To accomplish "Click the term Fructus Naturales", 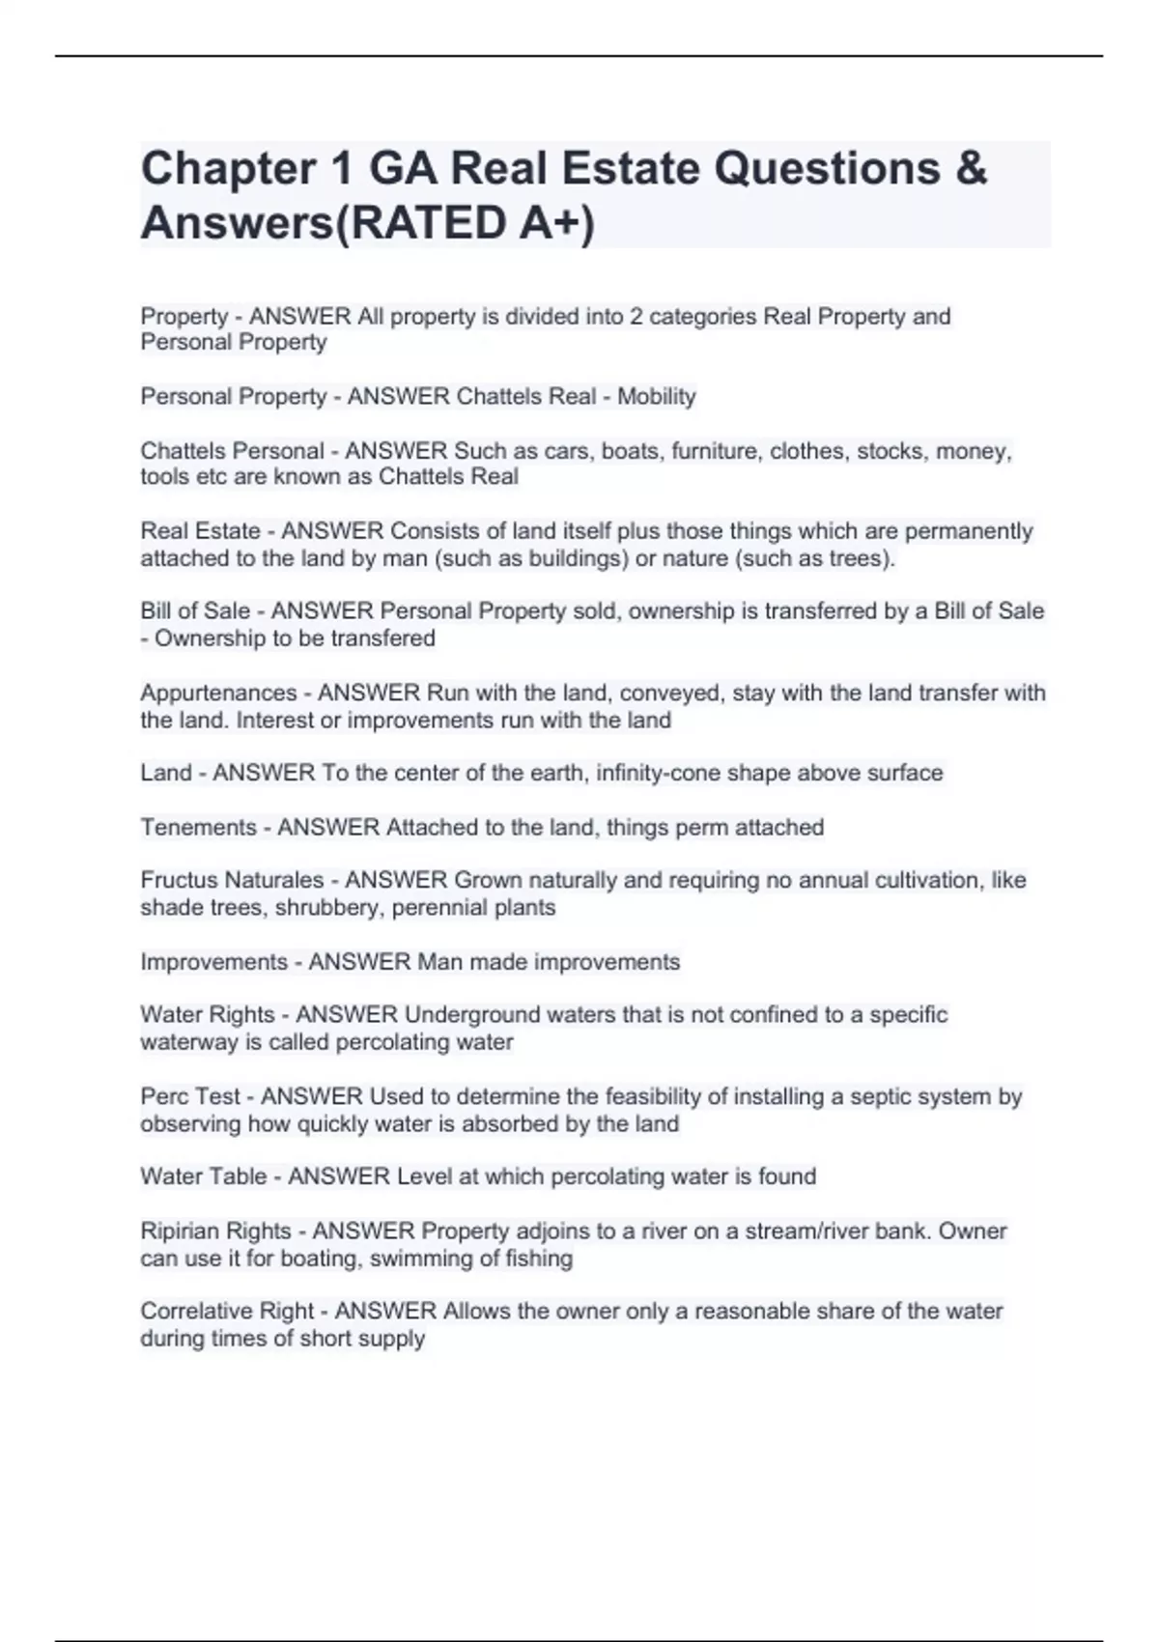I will click(x=232, y=880).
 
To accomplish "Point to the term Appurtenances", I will click(x=218, y=693).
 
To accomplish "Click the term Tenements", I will click(x=199, y=827).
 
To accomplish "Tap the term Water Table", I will click(x=203, y=1176).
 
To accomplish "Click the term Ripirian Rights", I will click(x=215, y=1231).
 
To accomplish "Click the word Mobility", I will click(x=657, y=396).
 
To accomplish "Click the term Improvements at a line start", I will click(x=213, y=962).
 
